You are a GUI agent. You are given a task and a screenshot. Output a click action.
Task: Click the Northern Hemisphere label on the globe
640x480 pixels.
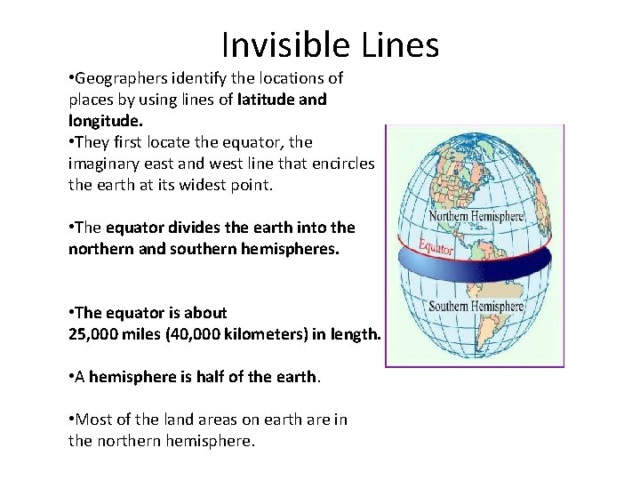(x=476, y=217)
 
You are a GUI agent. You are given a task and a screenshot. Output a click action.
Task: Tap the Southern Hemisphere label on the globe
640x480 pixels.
(x=476, y=307)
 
